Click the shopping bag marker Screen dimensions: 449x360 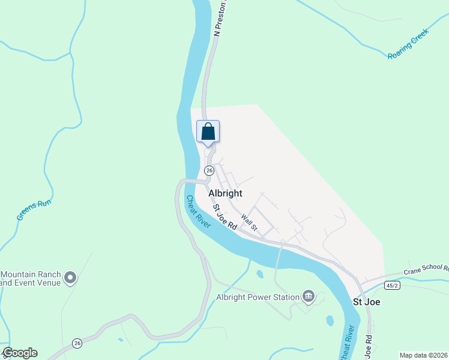208,131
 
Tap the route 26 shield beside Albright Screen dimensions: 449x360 209,170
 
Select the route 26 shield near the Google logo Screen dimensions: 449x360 77,343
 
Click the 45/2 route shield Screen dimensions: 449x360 392,286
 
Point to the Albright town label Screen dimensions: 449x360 225,193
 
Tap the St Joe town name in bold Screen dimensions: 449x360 366,302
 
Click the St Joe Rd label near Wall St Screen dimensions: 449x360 225,217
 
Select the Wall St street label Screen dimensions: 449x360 249,223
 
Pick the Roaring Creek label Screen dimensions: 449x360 409,47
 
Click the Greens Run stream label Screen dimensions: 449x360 34,210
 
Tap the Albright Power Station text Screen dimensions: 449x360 258,297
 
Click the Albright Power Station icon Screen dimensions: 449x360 309,295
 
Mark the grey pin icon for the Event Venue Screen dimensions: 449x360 70,277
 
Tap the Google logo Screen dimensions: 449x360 20,353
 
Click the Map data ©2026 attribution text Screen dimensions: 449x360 423,355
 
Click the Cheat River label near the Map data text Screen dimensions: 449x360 346,342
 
